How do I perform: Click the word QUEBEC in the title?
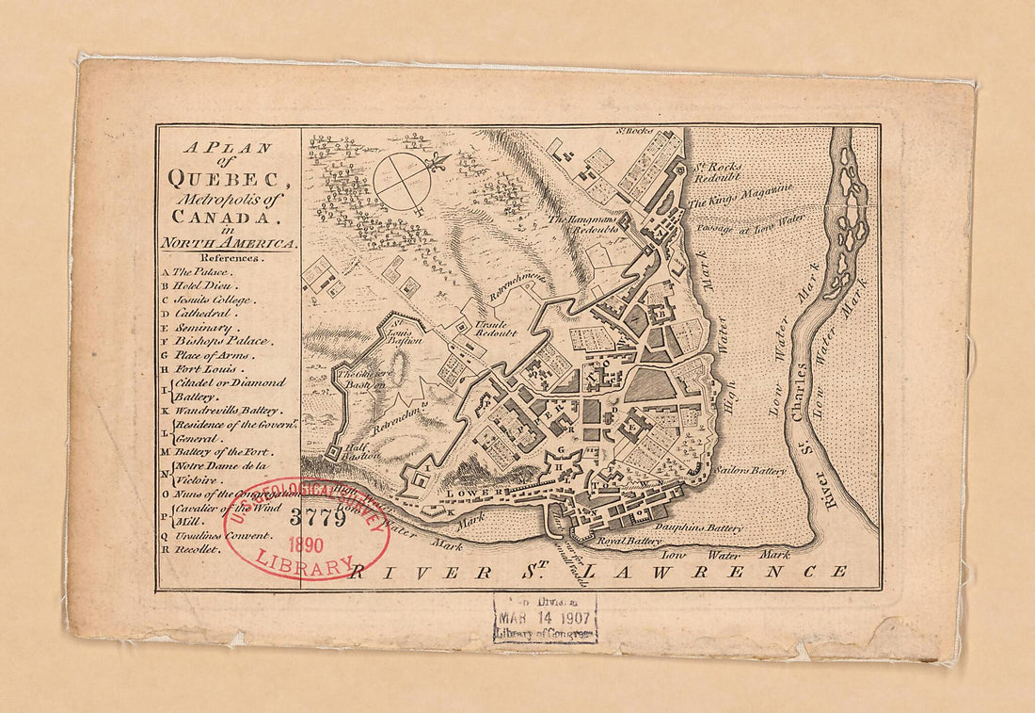[223, 176]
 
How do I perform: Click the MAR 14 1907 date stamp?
[545, 618]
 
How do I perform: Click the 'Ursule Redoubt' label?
[495, 328]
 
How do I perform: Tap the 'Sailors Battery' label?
[750, 469]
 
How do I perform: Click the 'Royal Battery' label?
[629, 542]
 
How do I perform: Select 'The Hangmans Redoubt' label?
[583, 224]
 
